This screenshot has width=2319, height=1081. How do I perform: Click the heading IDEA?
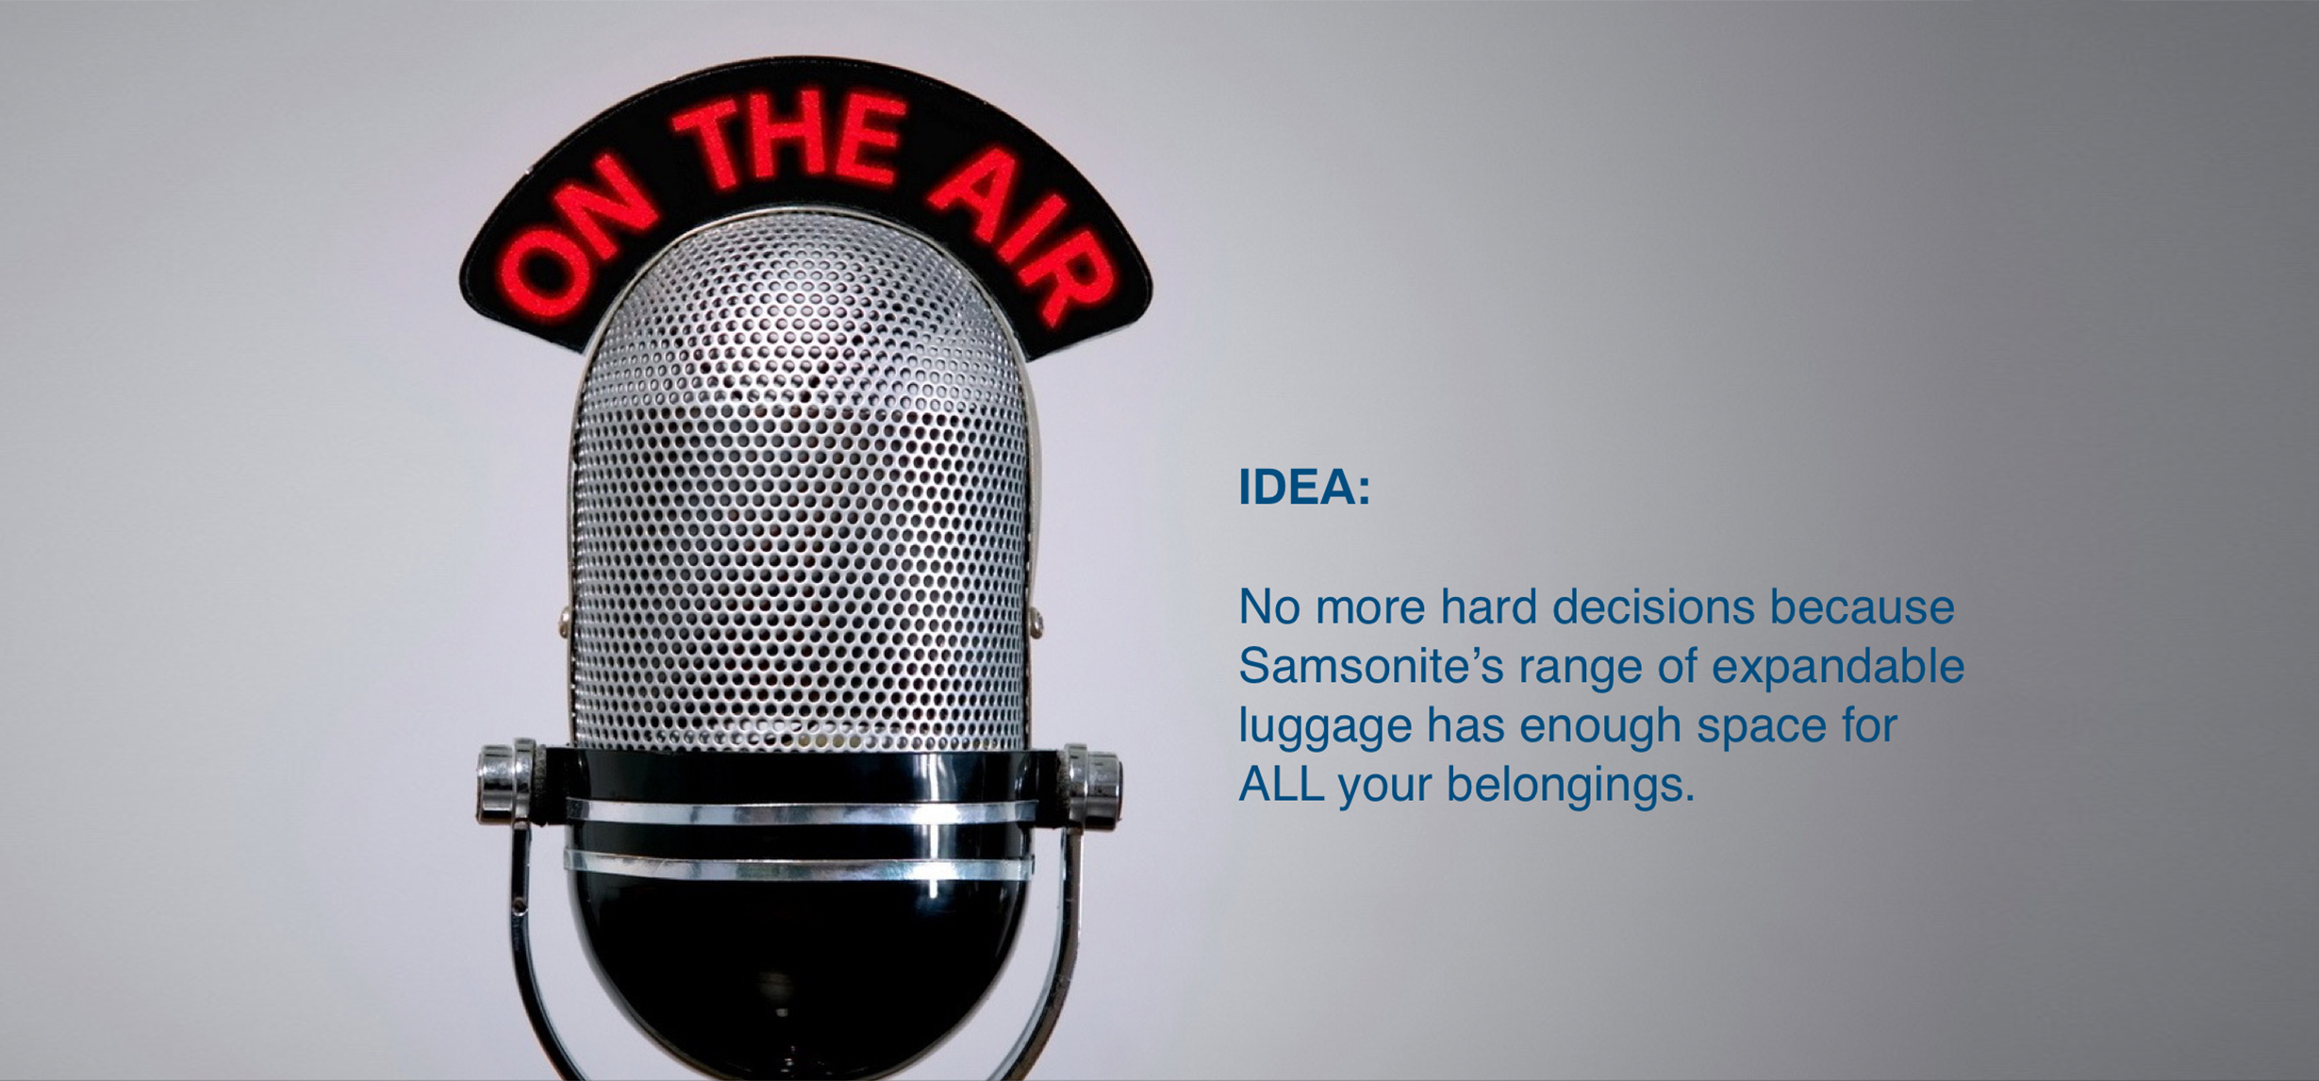[1303, 488]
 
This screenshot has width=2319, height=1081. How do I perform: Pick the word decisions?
[1653, 607]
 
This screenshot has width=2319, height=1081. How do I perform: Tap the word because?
[1863, 607]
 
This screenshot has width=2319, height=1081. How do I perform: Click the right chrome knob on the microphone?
[1092, 784]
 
